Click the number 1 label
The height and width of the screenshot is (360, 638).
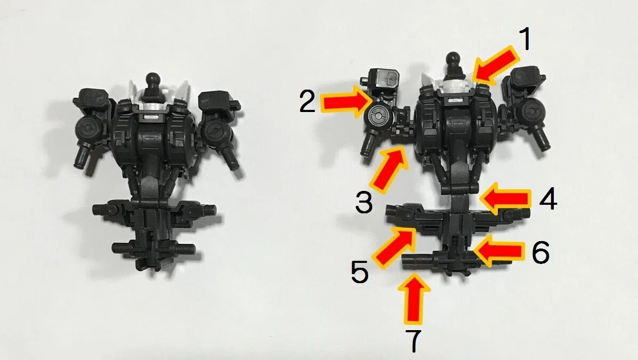point(526,40)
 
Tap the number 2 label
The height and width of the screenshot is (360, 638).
point(308,101)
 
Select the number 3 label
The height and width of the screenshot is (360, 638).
point(364,202)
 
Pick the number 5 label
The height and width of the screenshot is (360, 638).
point(360,271)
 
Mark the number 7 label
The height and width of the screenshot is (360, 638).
point(414,341)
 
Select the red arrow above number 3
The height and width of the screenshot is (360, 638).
point(388,169)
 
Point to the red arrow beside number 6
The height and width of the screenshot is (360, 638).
point(498,251)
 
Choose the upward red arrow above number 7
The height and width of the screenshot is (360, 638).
point(414,298)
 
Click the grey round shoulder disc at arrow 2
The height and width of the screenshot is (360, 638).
point(377,117)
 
